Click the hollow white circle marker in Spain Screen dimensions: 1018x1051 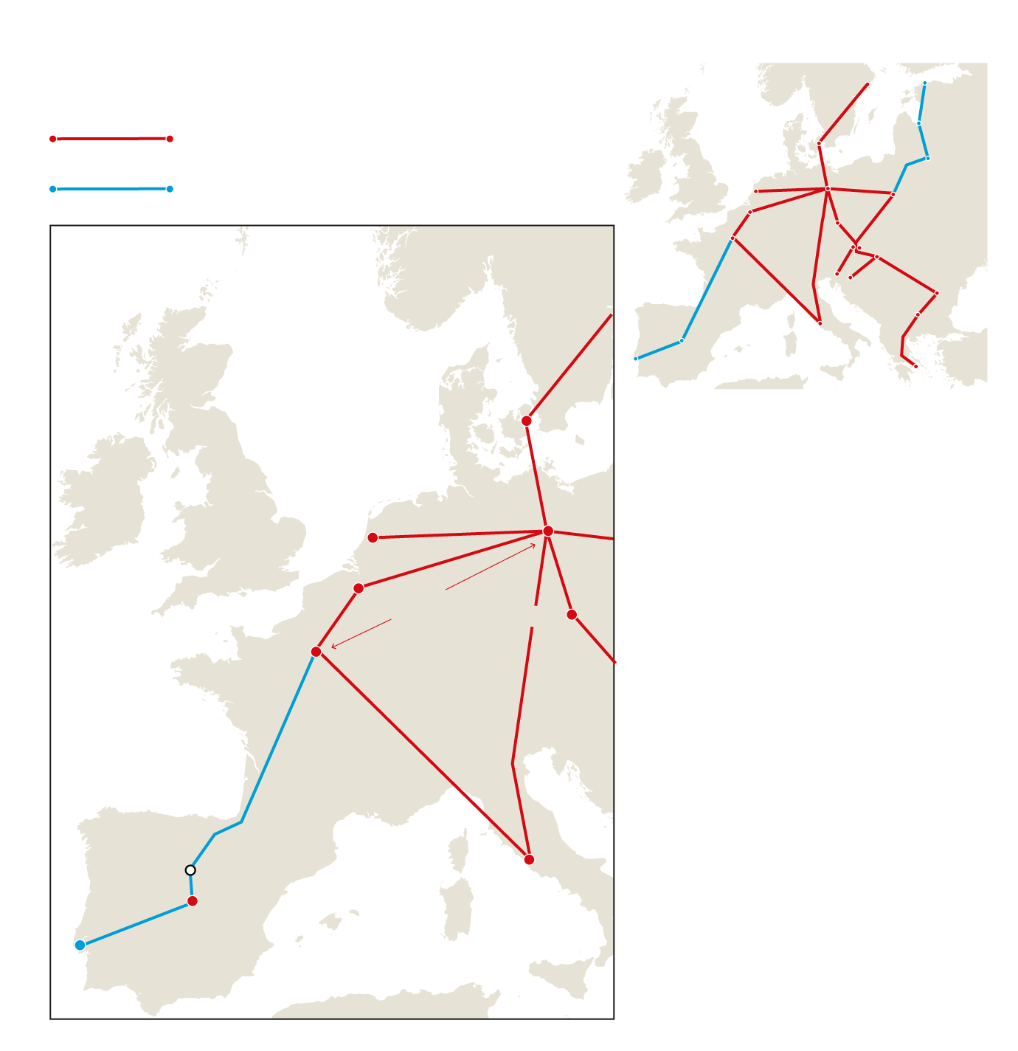tap(190, 870)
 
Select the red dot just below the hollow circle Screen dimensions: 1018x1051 tap(193, 901)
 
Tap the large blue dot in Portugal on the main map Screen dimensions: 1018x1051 tap(80, 945)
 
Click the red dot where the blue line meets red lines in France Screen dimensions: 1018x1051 tap(316, 652)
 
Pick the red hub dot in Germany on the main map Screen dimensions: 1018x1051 tap(548, 531)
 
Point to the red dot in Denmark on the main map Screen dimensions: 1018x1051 tap(527, 421)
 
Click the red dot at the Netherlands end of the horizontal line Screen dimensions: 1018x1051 tap(373, 538)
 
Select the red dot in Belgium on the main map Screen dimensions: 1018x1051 tap(359, 588)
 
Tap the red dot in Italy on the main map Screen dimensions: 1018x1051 tap(529, 859)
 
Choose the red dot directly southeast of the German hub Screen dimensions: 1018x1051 tap(572, 615)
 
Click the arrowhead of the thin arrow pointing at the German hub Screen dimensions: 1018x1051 tap(534, 545)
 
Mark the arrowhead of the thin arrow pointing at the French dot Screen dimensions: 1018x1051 tap(333, 647)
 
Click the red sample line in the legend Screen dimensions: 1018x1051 tap(111, 139)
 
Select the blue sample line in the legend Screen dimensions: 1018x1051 tap(111, 189)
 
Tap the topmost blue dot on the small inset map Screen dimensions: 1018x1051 tap(924, 83)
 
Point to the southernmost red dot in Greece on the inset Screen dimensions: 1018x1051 tap(915, 366)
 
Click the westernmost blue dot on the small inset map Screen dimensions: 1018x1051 tap(636, 359)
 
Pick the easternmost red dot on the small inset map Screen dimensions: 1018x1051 tap(937, 293)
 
